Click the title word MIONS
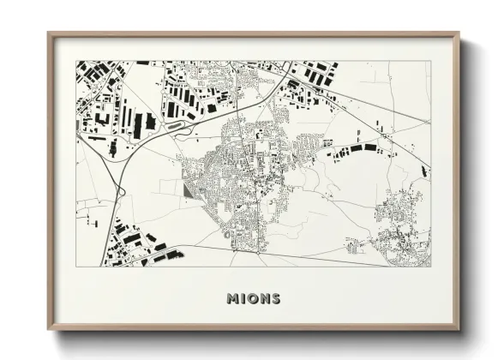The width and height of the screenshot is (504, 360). (253, 299)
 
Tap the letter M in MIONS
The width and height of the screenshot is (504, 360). (232, 299)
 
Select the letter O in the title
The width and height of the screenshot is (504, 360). (252, 299)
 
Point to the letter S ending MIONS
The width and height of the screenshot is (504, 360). (274, 299)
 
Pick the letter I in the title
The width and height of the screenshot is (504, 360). (243, 299)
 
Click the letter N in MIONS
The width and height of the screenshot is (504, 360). (263, 299)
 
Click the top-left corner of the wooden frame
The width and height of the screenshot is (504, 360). (49, 34)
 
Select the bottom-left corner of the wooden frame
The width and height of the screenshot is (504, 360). (49, 330)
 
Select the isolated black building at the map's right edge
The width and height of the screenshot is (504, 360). (425, 172)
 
